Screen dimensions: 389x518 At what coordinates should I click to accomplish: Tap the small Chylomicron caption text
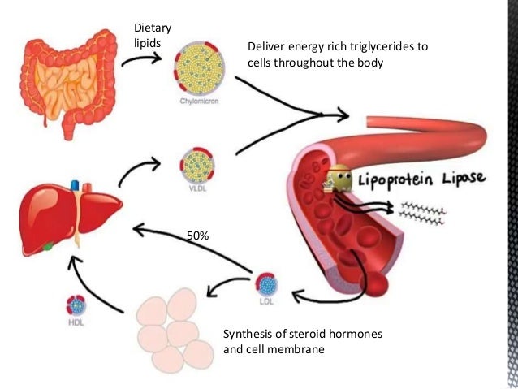(x=199, y=102)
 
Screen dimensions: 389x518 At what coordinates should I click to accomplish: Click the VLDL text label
(x=199, y=190)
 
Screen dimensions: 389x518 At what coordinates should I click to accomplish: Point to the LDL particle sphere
(x=266, y=285)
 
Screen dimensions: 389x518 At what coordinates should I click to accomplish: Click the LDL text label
(x=266, y=303)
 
